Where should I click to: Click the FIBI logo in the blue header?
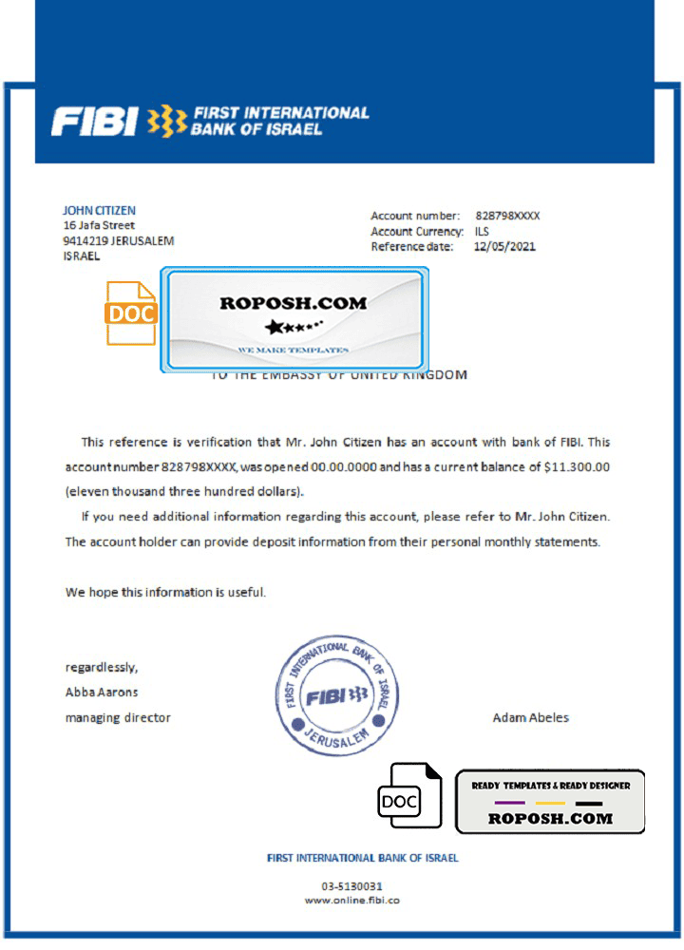coord(209,121)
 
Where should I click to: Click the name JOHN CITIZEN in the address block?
coord(99,211)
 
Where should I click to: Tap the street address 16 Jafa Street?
coord(99,226)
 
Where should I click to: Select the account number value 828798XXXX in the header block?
coord(507,217)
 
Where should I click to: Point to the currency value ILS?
coord(482,232)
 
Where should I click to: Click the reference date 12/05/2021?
coord(504,247)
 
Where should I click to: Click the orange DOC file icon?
coord(131,313)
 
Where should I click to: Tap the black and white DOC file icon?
coord(409,801)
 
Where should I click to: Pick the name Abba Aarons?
coord(102,692)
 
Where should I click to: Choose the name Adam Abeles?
coord(530,717)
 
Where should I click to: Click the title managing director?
coord(118,717)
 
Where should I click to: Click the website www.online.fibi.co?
coord(351,901)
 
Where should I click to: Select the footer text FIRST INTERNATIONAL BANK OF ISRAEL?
coord(363,858)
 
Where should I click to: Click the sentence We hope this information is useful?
coord(165,592)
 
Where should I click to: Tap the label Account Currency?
coord(417,232)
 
